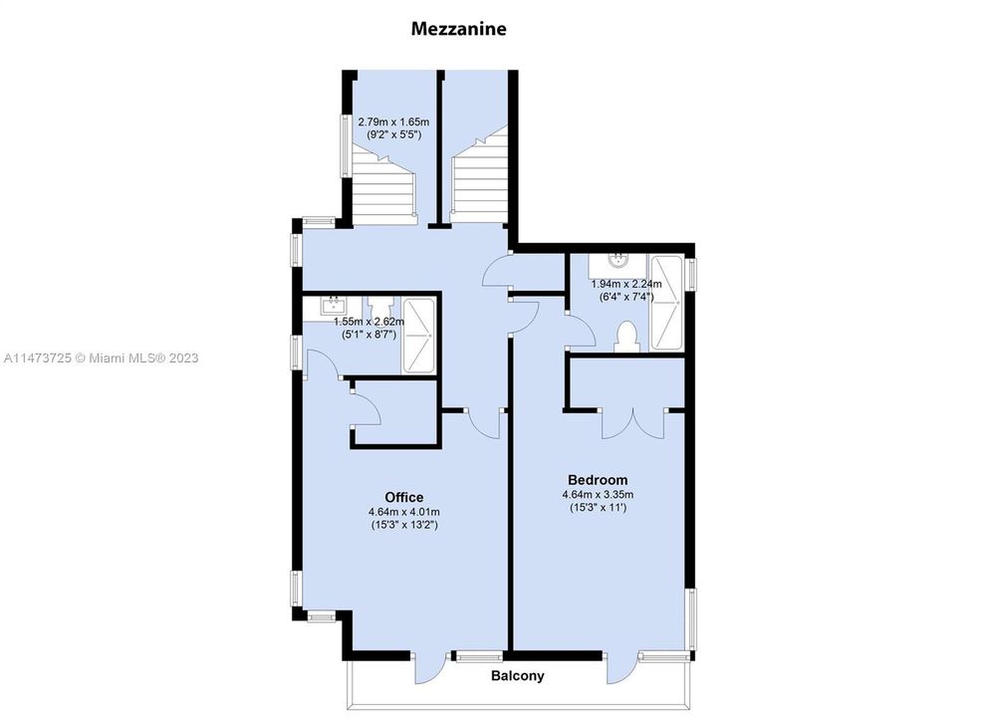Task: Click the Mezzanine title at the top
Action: pyautogui.click(x=458, y=29)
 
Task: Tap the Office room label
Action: pyautogui.click(x=403, y=497)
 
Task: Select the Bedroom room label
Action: pyautogui.click(x=598, y=477)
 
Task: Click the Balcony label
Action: pyautogui.click(x=517, y=676)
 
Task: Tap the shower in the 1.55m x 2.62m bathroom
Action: pyautogui.click(x=418, y=336)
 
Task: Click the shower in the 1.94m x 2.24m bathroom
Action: pyautogui.click(x=666, y=304)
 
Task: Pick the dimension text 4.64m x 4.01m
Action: pyautogui.click(x=403, y=512)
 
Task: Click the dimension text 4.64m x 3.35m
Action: pyautogui.click(x=598, y=493)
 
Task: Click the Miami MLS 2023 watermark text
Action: pyautogui.click(x=100, y=358)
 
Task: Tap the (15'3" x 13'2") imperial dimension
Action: pyautogui.click(x=403, y=525)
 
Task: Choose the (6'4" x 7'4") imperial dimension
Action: pyautogui.click(x=625, y=297)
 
